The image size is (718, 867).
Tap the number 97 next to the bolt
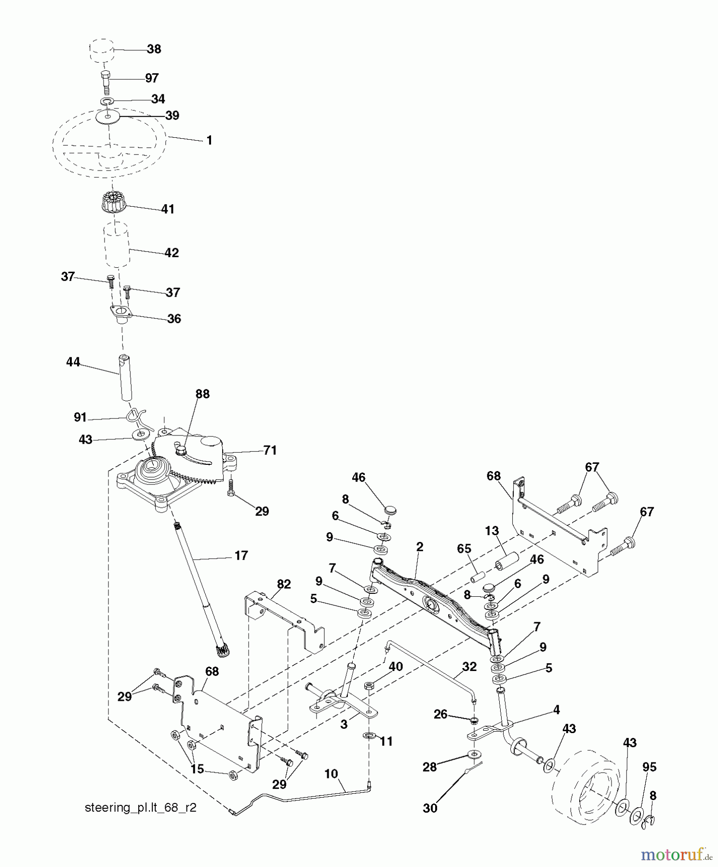tap(152, 78)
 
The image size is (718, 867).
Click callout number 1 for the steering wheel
tap(209, 141)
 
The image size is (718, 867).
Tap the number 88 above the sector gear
tap(202, 394)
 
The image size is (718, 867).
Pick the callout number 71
tap(270, 450)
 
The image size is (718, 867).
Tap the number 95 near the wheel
tap(649, 767)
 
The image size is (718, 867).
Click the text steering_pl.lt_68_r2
tap(140, 808)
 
